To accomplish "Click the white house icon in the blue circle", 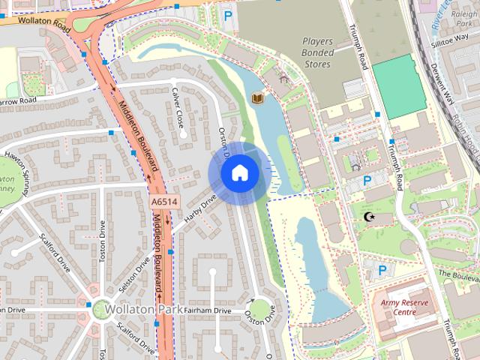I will (x=238, y=173).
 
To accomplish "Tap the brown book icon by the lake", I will (x=257, y=98).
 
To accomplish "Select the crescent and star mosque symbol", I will (x=367, y=217).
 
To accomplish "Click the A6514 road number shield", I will (x=163, y=202).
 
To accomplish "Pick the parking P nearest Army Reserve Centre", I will (x=382, y=270).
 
